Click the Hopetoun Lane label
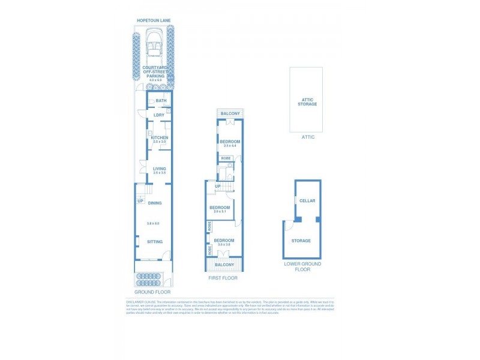coord(154,20)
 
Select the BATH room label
coord(161,101)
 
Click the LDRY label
coord(159,115)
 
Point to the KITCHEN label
coord(159,137)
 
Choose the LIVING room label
coord(159,169)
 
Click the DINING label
coord(155,203)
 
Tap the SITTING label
coord(155,242)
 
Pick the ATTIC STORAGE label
coord(307,101)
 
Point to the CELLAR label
coord(307,201)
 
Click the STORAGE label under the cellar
coord(301,241)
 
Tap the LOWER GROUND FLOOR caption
coord(302,267)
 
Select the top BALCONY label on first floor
coord(230,113)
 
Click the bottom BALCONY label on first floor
coord(224,265)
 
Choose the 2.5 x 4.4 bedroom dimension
coord(230,146)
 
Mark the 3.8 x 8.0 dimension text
coord(153,223)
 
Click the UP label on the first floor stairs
coord(217,186)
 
